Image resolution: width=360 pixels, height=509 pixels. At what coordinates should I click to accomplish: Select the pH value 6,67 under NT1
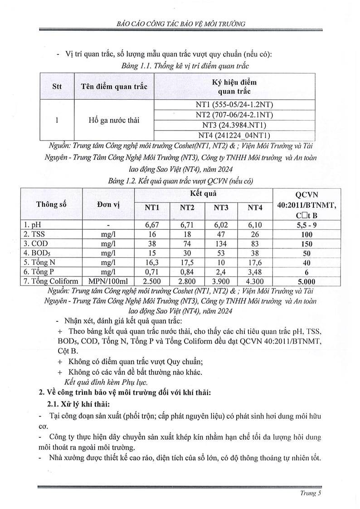click(151, 225)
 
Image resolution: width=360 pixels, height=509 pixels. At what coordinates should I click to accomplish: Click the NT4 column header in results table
click(255, 208)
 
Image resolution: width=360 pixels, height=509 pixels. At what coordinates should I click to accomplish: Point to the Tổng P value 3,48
click(255, 272)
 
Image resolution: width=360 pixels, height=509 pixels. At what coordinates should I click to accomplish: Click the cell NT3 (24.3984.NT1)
click(234, 125)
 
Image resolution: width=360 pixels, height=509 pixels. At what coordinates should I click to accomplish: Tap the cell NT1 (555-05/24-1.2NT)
click(234, 105)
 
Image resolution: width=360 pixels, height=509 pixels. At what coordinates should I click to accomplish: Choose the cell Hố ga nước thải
click(114, 120)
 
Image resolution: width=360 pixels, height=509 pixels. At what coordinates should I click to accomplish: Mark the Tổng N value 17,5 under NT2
click(187, 262)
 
